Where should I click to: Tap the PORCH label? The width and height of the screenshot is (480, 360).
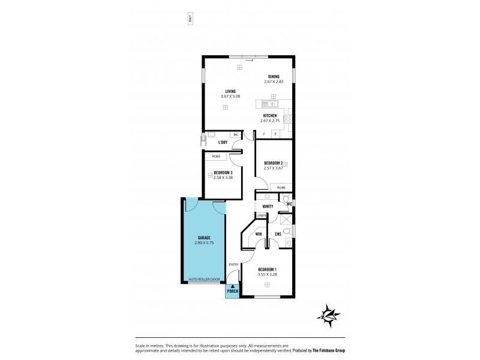tap(232, 291)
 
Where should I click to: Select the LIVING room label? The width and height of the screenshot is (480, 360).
tap(230, 91)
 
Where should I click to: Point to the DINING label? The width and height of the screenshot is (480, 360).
tap(274, 76)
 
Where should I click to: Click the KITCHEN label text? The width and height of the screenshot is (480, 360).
tap(270, 115)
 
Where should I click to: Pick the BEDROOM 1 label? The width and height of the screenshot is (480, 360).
tap(267, 269)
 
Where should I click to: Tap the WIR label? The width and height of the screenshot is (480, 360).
tap(259, 234)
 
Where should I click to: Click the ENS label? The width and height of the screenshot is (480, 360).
tap(278, 234)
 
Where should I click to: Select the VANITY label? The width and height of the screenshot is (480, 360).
tap(268, 206)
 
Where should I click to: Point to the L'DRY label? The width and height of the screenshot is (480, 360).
tap(223, 142)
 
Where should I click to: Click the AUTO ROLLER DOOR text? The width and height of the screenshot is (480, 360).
tap(204, 280)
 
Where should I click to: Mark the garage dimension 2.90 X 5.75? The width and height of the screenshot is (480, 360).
tap(204, 243)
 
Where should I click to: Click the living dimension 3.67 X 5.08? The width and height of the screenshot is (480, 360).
tap(230, 97)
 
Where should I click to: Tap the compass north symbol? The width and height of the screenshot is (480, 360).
tap(329, 314)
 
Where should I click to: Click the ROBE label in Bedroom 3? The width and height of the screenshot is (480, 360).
tap(216, 156)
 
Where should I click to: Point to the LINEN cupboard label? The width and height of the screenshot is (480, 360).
tap(261, 215)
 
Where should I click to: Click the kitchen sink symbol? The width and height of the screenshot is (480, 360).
tap(263, 103)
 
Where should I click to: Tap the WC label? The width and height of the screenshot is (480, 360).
tap(289, 204)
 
